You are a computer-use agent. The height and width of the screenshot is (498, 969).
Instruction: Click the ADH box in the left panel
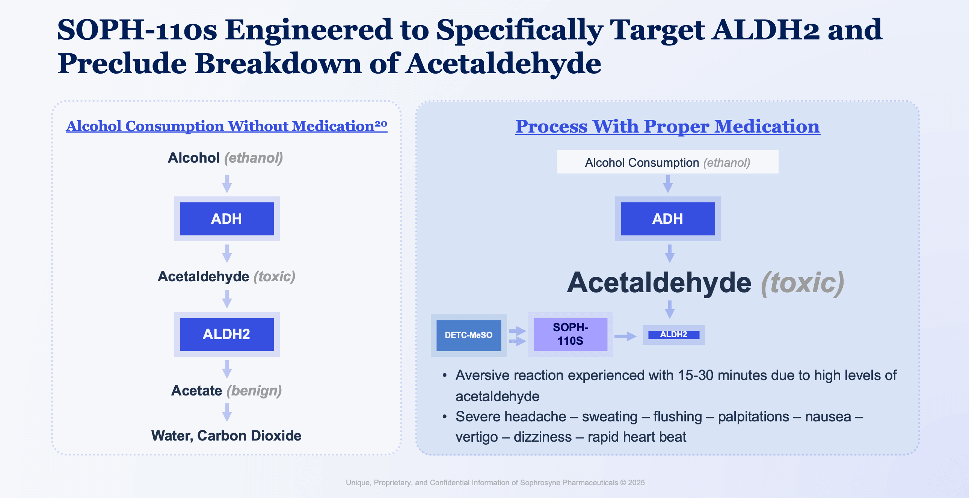[226, 219]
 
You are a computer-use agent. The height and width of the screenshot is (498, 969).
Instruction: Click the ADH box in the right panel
[667, 219]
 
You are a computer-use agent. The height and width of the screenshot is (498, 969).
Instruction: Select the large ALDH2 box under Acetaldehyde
[226, 334]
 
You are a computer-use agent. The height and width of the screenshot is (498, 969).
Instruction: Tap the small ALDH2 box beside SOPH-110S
[673, 334]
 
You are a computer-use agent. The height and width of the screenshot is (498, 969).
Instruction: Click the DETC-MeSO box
[468, 335]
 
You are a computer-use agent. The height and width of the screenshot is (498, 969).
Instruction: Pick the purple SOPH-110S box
[570, 334]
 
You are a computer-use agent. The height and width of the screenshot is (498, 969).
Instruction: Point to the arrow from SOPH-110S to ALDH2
[625, 336]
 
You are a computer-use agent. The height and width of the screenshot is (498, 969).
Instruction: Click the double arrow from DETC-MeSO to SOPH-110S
[518, 336]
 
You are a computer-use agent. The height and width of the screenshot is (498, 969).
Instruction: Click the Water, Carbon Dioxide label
[226, 436]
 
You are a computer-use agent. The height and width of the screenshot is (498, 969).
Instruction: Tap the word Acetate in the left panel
[196, 391]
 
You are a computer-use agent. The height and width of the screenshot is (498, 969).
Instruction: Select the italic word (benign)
[254, 391]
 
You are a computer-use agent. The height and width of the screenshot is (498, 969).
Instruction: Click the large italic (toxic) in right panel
[802, 283]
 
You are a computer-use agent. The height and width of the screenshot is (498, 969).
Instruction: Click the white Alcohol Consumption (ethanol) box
[667, 162]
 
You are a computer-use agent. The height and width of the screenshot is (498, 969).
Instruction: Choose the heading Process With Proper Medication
[667, 127]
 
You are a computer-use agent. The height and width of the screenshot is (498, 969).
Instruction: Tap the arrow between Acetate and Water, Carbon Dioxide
[226, 413]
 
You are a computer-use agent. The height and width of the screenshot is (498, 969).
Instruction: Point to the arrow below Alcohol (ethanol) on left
[226, 184]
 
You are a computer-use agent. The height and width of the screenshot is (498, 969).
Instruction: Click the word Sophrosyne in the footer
[540, 483]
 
